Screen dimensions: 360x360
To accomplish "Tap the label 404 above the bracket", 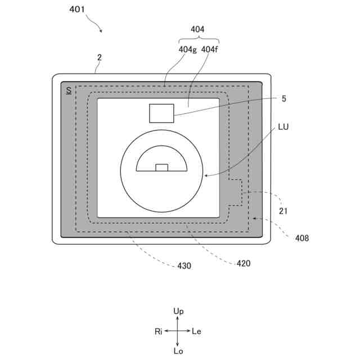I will click(x=198, y=29).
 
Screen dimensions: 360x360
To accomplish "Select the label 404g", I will click(x=188, y=49).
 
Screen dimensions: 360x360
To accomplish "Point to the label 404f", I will click(x=210, y=49).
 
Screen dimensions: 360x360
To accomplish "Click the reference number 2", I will click(x=99, y=57).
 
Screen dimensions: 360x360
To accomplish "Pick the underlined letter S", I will click(x=69, y=90).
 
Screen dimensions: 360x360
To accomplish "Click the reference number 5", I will click(x=283, y=98).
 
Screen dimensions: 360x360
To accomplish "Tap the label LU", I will click(x=285, y=128).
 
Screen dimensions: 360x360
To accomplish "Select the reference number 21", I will click(x=283, y=211).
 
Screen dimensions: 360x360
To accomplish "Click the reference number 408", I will click(x=302, y=238).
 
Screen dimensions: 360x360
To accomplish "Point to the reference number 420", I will click(x=244, y=263).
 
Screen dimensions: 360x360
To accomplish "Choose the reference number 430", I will click(x=184, y=265).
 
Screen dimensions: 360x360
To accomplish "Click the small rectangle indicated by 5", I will click(x=161, y=113).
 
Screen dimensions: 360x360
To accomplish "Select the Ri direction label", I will click(x=159, y=331).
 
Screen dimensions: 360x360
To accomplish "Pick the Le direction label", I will click(x=196, y=331).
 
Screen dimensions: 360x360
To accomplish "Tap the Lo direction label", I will click(x=178, y=351).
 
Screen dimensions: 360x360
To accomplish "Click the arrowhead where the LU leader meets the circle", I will click(x=206, y=175).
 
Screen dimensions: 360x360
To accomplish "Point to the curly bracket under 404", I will click(x=198, y=39).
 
